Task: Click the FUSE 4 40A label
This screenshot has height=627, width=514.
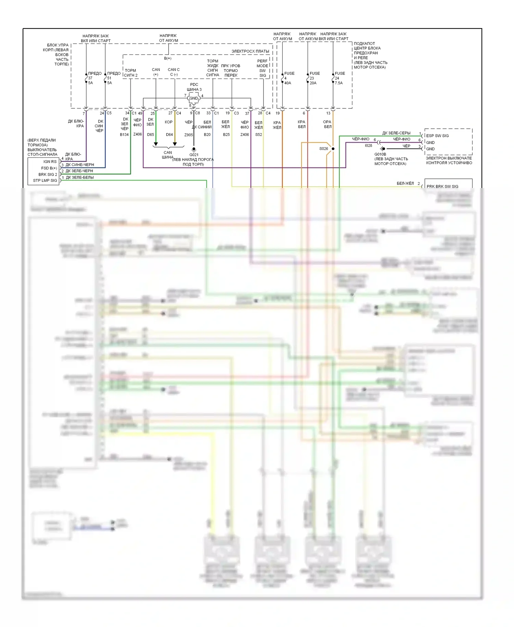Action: [x=289, y=78]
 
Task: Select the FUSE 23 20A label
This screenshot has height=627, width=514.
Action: [x=314, y=78]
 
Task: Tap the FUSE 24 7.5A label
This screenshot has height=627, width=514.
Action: [x=340, y=78]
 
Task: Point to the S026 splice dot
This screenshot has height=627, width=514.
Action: [x=333, y=149]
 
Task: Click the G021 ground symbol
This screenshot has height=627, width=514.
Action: [x=194, y=150]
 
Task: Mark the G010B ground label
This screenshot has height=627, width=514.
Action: [x=380, y=154]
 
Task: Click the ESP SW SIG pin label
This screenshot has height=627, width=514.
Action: [x=437, y=136]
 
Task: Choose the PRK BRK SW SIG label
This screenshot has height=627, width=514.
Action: [x=442, y=187]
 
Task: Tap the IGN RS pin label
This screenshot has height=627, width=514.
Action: [x=50, y=162]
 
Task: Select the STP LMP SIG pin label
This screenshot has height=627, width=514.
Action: [x=45, y=180]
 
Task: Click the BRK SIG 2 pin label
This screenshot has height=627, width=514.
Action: [x=48, y=174]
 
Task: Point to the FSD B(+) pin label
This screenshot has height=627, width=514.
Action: [x=49, y=168]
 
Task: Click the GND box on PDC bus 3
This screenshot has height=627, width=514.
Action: [x=194, y=98]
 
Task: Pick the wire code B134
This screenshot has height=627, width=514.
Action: [x=124, y=134]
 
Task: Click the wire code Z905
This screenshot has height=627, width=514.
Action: [x=189, y=135]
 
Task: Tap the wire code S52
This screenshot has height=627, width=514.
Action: [x=259, y=134]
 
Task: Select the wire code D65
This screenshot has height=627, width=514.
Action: [x=151, y=134]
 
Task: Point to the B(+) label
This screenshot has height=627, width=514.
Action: [x=168, y=58]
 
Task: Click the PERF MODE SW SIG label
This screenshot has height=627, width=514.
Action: [x=262, y=68]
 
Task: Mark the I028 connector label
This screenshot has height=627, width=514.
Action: [x=368, y=145]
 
